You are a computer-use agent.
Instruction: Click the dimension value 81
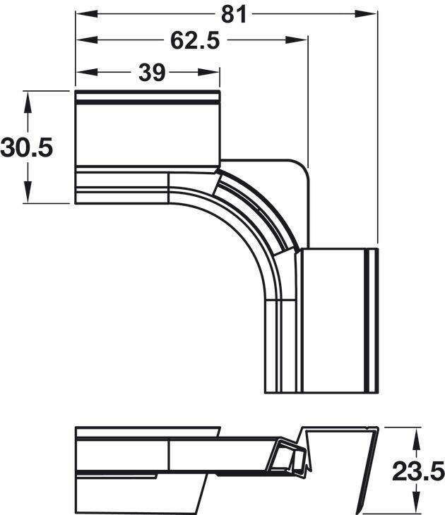pos(233,13)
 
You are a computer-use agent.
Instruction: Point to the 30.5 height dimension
pos(27,147)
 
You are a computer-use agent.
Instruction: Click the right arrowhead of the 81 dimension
pos(370,13)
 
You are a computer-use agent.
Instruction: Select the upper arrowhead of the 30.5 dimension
pos(28,98)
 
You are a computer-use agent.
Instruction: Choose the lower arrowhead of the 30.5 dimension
pos(28,195)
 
